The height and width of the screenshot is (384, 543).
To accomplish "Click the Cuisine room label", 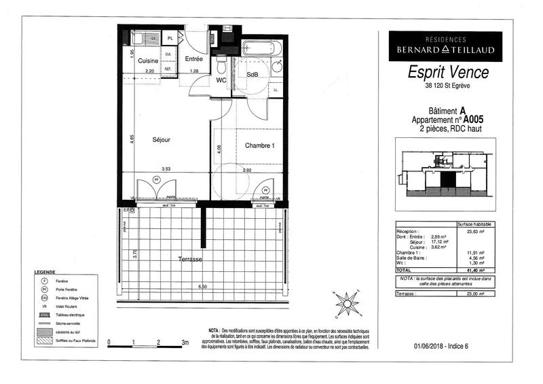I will [148, 61].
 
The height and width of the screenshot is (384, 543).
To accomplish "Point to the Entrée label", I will [195, 59].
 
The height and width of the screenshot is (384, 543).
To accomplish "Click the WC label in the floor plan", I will [221, 80].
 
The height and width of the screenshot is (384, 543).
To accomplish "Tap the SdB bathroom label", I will [252, 74].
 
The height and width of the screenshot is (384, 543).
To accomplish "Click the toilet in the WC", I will [221, 66].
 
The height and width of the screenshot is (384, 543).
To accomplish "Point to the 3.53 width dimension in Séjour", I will [166, 169].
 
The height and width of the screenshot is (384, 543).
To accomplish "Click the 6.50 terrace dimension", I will [202, 287].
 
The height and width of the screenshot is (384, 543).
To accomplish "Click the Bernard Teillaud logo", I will [445, 47].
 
